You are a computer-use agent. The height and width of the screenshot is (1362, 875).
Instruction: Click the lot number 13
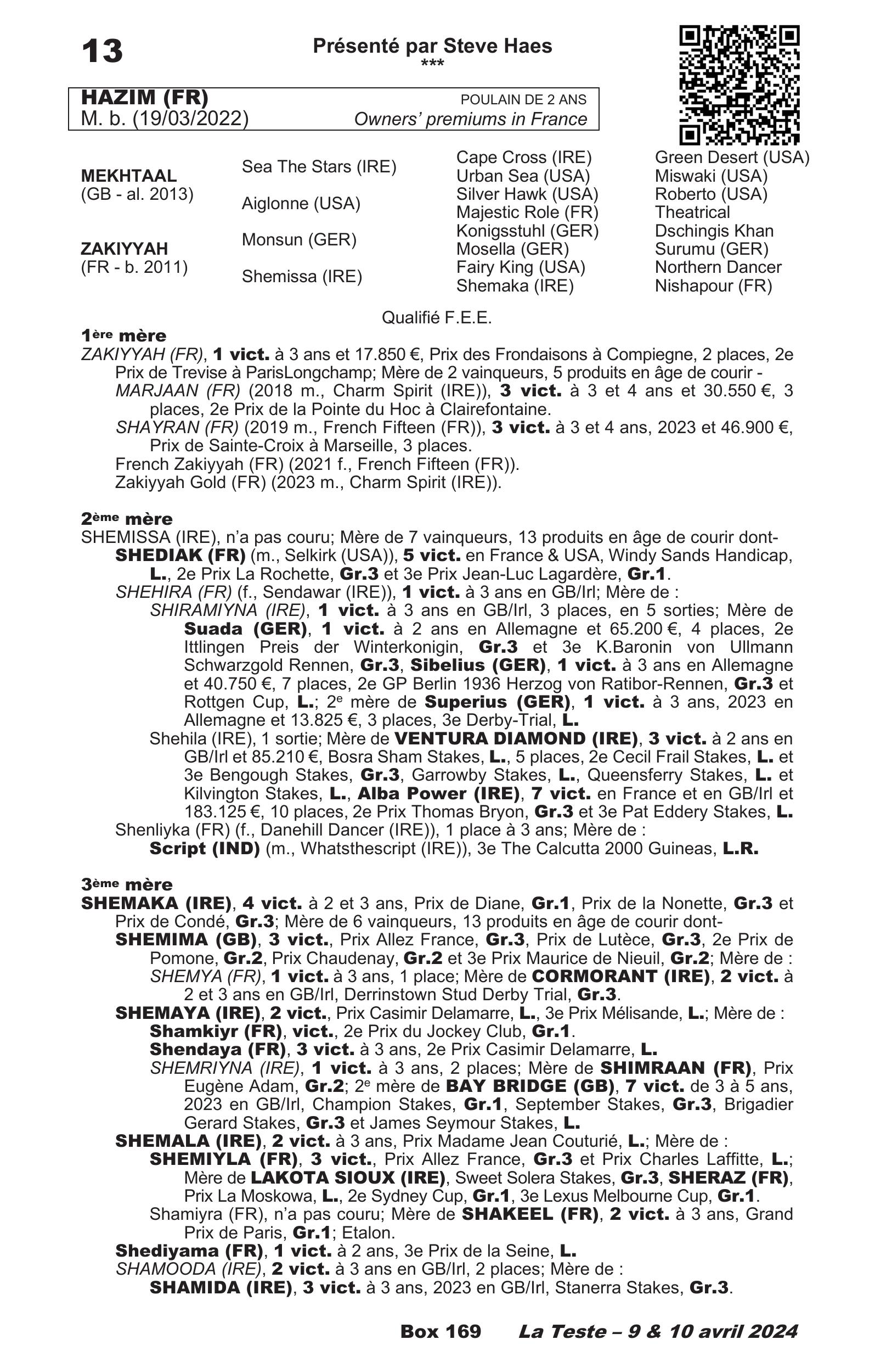coord(102,51)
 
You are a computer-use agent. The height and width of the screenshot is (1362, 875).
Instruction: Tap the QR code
coord(739,85)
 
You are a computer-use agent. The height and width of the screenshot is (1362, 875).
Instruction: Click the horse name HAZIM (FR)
coord(145,98)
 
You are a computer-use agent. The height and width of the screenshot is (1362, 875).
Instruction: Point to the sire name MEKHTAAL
coord(129,176)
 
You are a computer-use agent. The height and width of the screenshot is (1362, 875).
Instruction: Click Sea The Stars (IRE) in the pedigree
coord(319,166)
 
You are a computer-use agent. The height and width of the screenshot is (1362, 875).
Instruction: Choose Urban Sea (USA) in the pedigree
coord(523,176)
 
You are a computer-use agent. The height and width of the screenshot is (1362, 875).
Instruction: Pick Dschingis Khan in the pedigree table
coord(714,231)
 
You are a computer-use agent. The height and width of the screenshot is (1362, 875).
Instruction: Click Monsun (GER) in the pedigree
coord(299,240)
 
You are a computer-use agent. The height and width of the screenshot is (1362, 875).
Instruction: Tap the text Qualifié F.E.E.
coord(436,318)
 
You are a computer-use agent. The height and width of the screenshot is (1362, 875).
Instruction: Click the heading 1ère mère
coord(123,335)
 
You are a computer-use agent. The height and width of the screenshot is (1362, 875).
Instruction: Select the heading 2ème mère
coord(126,518)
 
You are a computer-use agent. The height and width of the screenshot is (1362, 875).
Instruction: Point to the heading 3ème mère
coord(126,884)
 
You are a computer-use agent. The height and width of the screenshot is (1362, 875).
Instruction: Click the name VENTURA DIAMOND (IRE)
coord(515,738)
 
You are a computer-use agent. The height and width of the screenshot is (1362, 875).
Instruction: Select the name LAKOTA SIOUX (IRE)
coord(348,1177)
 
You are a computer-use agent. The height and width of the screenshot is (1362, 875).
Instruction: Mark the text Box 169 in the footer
coord(441,1331)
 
